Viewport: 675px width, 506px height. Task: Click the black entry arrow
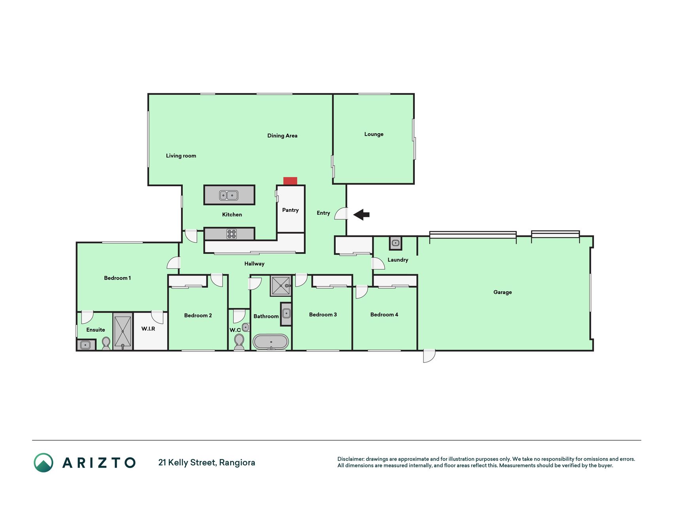pyautogui.click(x=361, y=215)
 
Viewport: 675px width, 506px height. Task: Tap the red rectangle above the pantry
pyautogui.click(x=290, y=181)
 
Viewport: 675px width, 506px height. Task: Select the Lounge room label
pyautogui.click(x=374, y=134)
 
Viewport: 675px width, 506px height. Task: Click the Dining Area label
pyautogui.click(x=282, y=136)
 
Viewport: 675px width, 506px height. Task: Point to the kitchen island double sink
pyautogui.click(x=229, y=195)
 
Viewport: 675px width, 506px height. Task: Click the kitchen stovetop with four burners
pyautogui.click(x=232, y=234)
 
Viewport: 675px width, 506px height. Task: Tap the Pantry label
pyautogui.click(x=290, y=210)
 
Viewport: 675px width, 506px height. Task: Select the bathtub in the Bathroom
pyautogui.click(x=271, y=342)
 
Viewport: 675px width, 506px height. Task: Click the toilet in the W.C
pyautogui.click(x=239, y=342)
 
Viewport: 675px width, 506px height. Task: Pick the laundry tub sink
pyautogui.click(x=395, y=243)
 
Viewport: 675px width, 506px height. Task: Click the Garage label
pyautogui.click(x=503, y=292)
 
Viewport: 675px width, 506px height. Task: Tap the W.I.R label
pyautogui.click(x=148, y=329)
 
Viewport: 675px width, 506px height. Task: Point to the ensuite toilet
pyautogui.click(x=106, y=343)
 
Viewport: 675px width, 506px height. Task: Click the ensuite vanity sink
pyautogui.click(x=86, y=345)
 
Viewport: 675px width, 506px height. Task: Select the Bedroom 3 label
pyautogui.click(x=323, y=315)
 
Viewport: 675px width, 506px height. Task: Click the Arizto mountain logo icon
pyautogui.click(x=43, y=463)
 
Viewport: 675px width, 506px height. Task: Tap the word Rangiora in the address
pyautogui.click(x=237, y=463)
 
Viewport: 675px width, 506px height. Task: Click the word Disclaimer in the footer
pyautogui.click(x=351, y=459)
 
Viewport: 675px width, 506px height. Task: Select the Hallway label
pyautogui.click(x=254, y=264)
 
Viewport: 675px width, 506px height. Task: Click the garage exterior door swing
pyautogui.click(x=429, y=356)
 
